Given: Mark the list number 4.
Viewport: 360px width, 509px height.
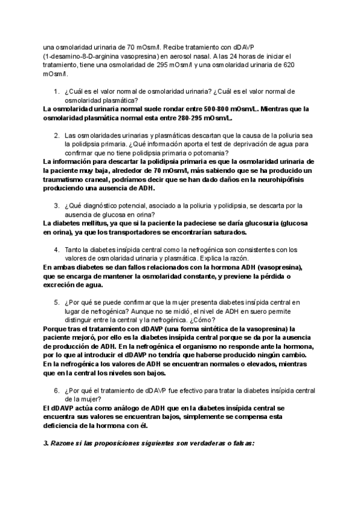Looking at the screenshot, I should [x=56, y=249].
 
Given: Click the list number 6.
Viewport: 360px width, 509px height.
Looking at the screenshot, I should [x=56, y=390].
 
